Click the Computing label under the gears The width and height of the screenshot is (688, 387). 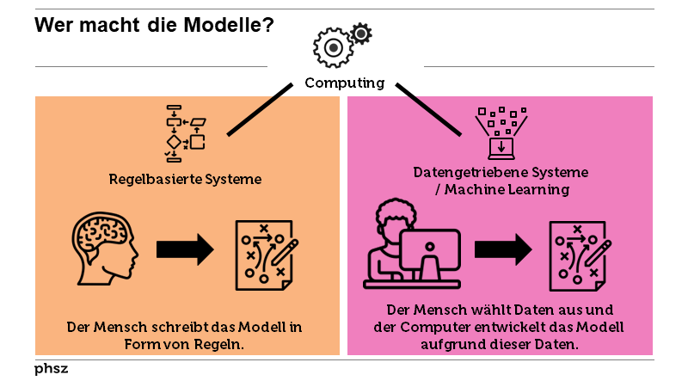point(345,83)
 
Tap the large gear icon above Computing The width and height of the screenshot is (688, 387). point(332,48)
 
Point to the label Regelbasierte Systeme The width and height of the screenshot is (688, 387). point(185,180)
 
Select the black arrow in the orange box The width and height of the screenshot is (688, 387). point(185,250)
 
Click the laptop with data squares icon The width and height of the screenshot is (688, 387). point(501,133)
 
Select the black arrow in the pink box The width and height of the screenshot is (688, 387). point(503,249)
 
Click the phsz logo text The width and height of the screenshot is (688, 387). point(52,368)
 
